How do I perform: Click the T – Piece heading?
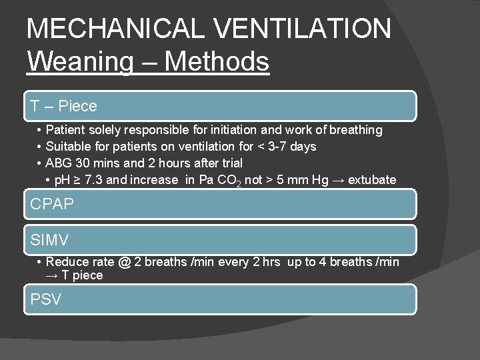[64, 106]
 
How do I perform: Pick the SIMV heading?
[50, 239]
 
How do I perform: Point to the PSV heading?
[46, 299]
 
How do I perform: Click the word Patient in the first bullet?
[65, 130]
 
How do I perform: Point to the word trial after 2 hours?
[227, 163]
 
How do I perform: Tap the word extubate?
[371, 180]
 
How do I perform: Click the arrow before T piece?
[53, 275]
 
